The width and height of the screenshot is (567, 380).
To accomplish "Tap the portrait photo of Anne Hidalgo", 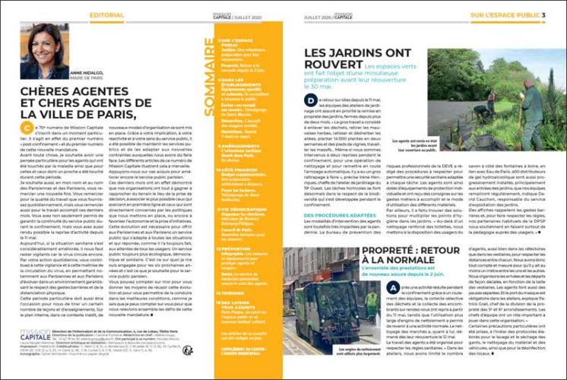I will coord(43,50).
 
